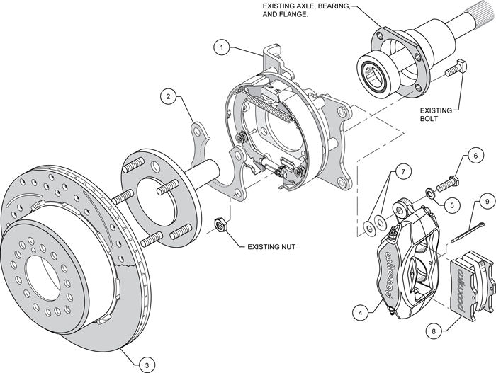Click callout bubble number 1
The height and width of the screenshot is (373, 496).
[222, 48]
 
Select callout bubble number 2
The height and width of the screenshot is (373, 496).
[168, 96]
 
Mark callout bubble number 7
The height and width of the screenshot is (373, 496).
[401, 173]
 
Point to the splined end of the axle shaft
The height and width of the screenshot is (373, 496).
[475, 22]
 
